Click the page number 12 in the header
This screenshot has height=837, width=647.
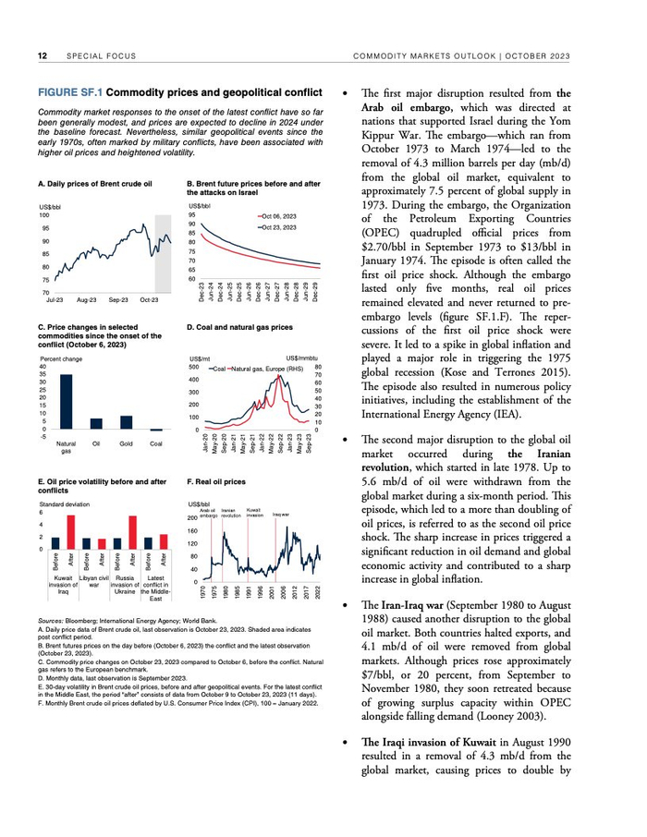43,56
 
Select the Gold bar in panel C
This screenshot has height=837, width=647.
127,422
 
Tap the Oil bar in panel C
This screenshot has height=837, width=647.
96,423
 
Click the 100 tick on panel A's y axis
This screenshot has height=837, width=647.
44,214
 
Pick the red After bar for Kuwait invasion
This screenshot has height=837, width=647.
70,533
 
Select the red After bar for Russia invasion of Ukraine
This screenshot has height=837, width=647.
134,533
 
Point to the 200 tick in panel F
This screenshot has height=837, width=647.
193,519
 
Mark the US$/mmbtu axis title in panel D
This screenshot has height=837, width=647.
303,358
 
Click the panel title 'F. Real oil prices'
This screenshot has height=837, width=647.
216,481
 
